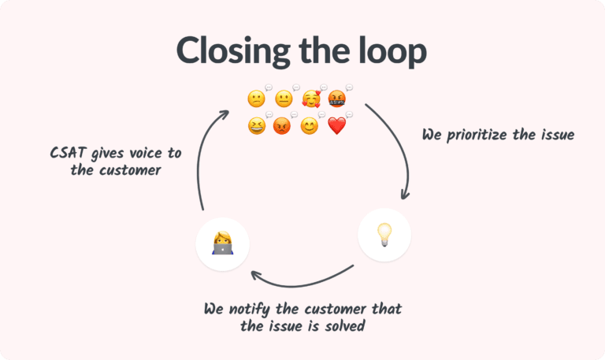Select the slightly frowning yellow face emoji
(256, 99)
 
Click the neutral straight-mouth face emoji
(284, 99)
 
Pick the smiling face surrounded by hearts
(311, 99)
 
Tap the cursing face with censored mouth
(337, 99)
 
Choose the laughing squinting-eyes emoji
(256, 126)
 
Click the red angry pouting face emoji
(282, 126)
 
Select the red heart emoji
(336, 126)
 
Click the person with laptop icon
(222, 245)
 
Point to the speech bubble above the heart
(348, 115)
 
